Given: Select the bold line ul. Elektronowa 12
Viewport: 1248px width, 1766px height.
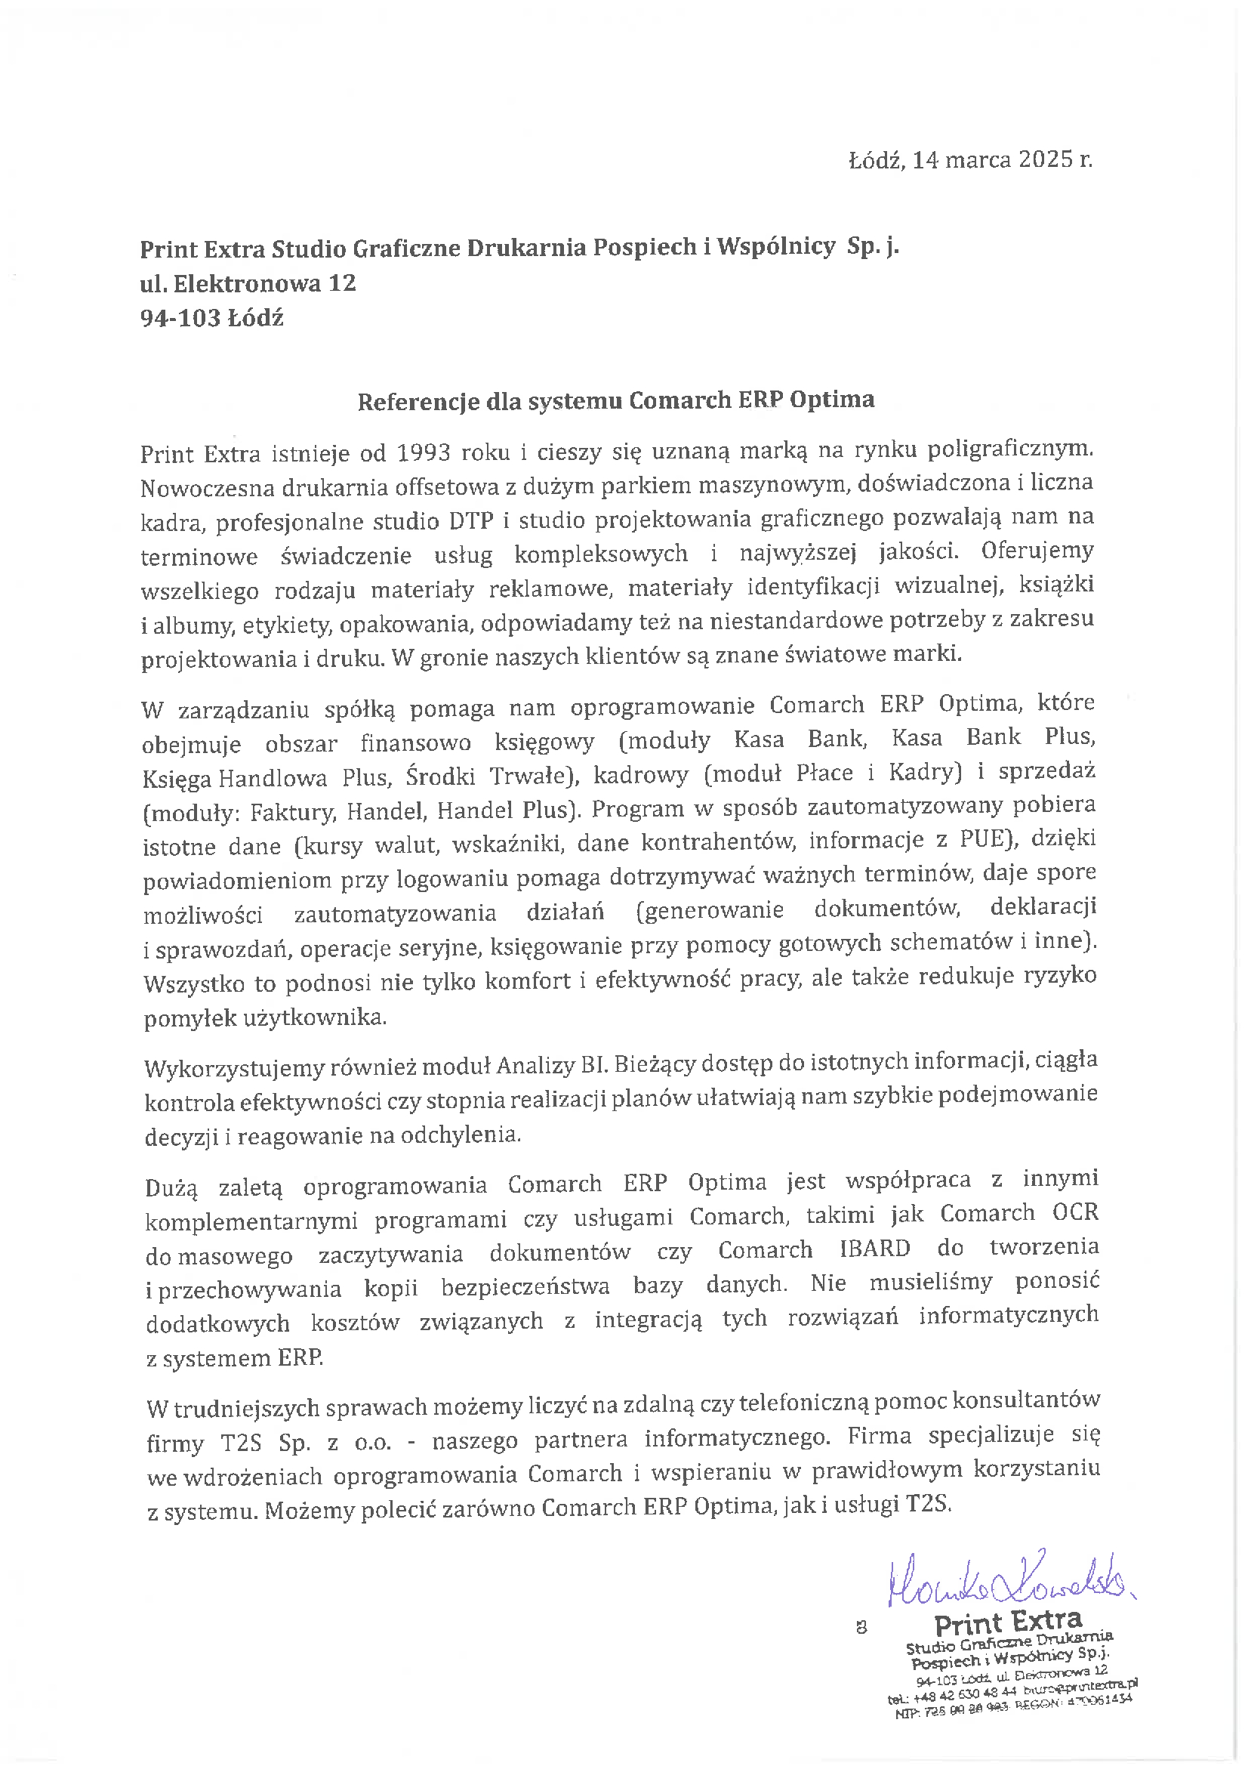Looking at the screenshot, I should tap(248, 283).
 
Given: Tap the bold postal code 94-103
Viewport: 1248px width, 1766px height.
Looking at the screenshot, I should tap(180, 318).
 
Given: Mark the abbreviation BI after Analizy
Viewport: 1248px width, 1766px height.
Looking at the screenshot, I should tap(590, 1065).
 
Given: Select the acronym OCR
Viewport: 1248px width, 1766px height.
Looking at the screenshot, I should tap(1075, 1213).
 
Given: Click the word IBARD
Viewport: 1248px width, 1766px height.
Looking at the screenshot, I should tap(875, 1249).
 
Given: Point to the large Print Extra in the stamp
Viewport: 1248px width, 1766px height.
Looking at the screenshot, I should tap(1007, 1624).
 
